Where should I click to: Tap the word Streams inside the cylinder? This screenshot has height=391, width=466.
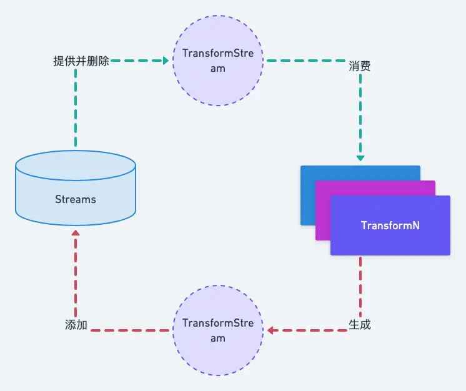[76, 200]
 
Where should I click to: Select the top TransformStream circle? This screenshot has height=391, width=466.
[217, 61]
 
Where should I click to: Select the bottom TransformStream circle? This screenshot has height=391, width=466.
[217, 330]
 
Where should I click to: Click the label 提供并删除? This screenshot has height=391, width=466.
[81, 61]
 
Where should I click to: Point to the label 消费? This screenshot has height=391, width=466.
[359, 66]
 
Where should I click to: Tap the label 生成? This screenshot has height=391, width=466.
[360, 325]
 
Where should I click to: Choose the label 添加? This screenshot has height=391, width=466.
[76, 325]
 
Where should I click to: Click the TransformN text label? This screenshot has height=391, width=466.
[390, 225]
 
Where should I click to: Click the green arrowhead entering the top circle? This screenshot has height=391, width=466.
[166, 61]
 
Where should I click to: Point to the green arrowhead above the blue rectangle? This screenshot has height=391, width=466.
[360, 159]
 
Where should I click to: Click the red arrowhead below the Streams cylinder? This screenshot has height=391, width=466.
[76, 232]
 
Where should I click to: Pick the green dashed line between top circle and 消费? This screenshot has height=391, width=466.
[306, 61]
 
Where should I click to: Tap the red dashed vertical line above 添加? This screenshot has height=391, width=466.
[76, 275]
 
